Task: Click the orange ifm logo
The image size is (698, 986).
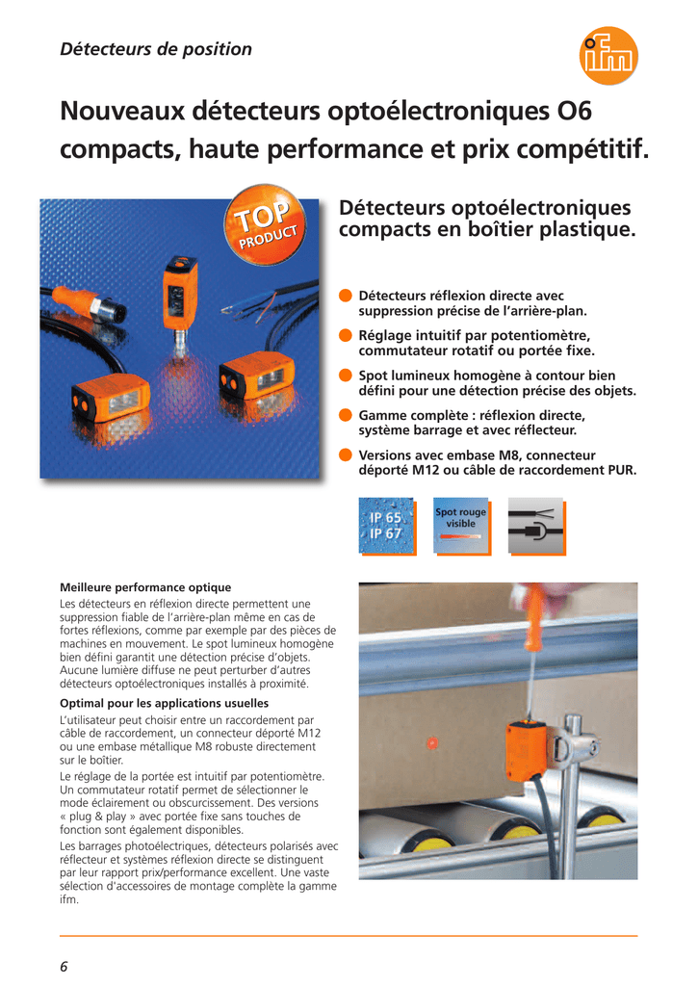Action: click(x=608, y=55)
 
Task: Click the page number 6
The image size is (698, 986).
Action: click(x=64, y=967)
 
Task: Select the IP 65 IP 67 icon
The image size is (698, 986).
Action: click(x=387, y=527)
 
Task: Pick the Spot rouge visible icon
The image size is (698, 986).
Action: click(x=462, y=527)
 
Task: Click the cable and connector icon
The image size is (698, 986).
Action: click(x=536, y=527)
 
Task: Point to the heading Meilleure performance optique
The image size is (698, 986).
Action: click(x=145, y=587)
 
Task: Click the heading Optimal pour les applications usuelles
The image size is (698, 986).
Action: click(x=164, y=703)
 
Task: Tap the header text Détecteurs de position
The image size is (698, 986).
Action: click(x=156, y=49)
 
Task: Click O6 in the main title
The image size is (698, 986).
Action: click(x=575, y=111)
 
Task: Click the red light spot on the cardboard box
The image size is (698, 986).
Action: click(x=431, y=742)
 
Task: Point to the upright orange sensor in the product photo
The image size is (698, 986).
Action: click(x=180, y=294)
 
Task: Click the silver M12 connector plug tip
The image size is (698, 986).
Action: click(x=109, y=311)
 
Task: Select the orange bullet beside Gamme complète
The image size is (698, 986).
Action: click(x=346, y=415)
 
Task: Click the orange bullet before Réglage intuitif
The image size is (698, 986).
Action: click(x=346, y=335)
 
